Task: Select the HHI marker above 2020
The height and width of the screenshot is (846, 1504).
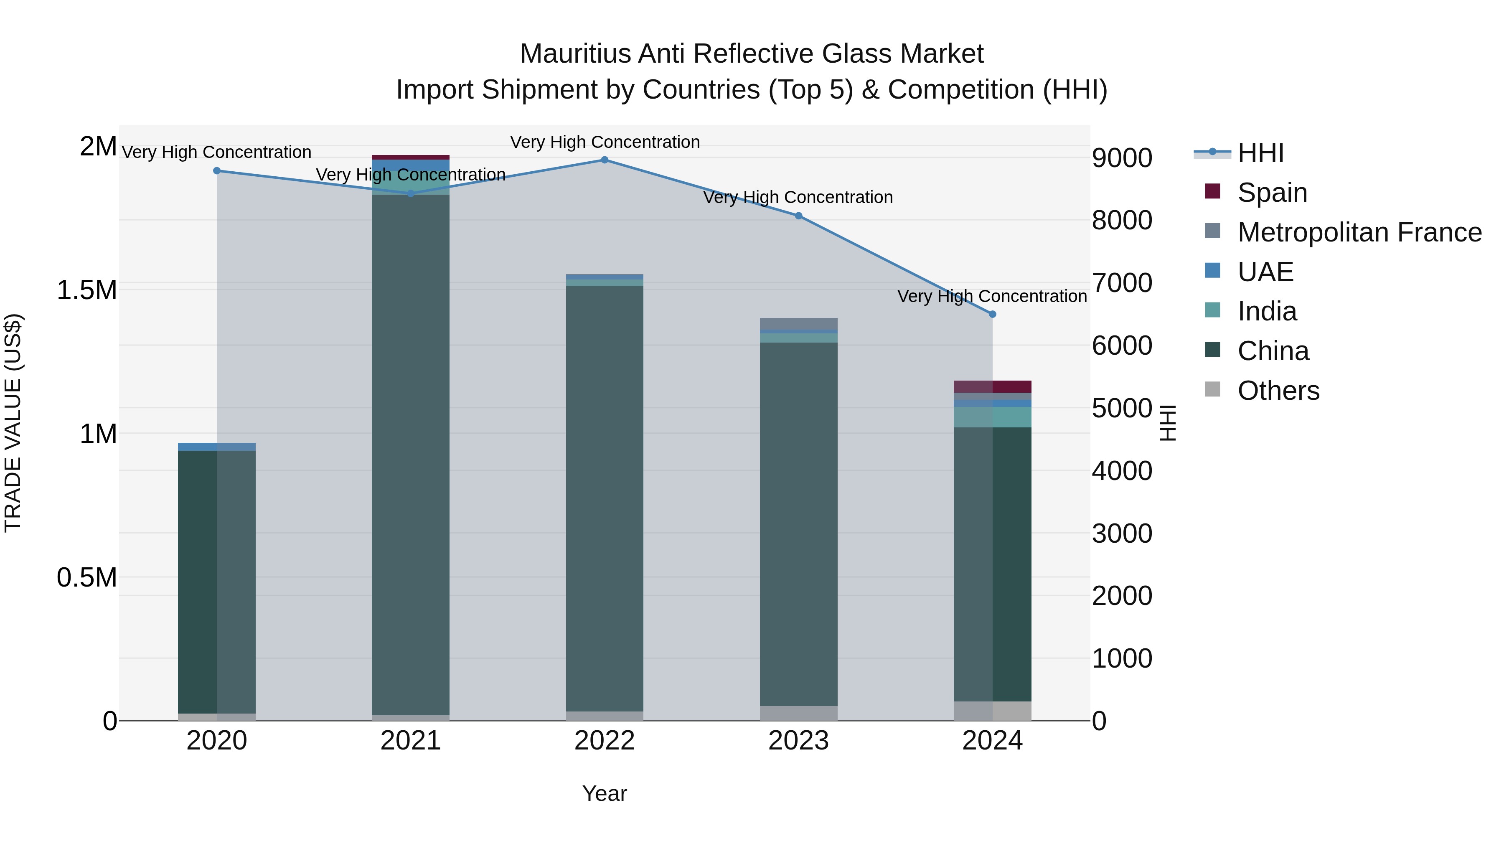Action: (216, 170)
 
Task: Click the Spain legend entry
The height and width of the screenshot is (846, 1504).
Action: (1272, 193)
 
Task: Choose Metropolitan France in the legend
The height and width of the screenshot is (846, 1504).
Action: (1359, 232)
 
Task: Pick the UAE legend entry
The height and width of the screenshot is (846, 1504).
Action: (1265, 272)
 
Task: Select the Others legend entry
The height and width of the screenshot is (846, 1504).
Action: (1278, 391)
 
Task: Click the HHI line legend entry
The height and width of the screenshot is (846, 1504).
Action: (1260, 153)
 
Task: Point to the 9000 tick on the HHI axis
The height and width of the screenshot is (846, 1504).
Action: (1122, 158)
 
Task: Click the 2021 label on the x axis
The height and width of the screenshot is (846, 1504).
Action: (410, 741)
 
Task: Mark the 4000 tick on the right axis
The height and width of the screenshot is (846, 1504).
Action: (1122, 471)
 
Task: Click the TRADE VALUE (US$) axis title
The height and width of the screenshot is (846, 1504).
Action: (13, 423)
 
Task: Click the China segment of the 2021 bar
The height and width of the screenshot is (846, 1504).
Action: (410, 455)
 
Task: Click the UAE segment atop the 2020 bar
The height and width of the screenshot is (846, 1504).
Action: (216, 447)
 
